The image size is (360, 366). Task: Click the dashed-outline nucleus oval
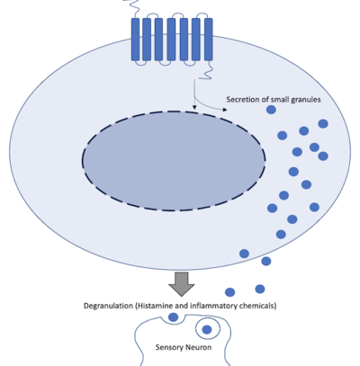pyautogui.click(x=174, y=162)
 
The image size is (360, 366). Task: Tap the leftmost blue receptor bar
pyautogui.click(x=136, y=40)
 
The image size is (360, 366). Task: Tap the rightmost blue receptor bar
pyautogui.click(x=208, y=40)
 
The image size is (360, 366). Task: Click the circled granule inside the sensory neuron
pyautogui.click(x=208, y=329)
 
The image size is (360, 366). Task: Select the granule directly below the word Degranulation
pyautogui.click(x=174, y=317)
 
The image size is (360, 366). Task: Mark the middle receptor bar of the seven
pyautogui.click(x=172, y=40)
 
